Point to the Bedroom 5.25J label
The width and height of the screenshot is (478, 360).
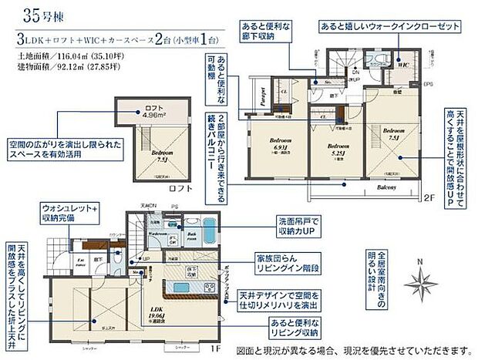(x=335, y=147)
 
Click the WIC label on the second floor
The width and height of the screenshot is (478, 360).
(x=402, y=66)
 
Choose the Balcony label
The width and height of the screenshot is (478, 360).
(x=386, y=187)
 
